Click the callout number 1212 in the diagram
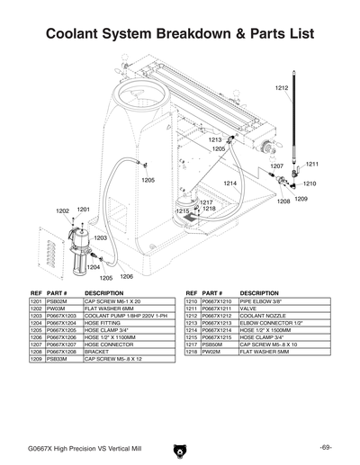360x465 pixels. point(282,87)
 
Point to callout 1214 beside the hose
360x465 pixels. point(229,183)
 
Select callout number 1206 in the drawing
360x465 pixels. point(127,277)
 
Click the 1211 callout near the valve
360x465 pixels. point(312,164)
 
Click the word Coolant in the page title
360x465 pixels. point(82,34)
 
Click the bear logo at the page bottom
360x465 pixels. point(179,448)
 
